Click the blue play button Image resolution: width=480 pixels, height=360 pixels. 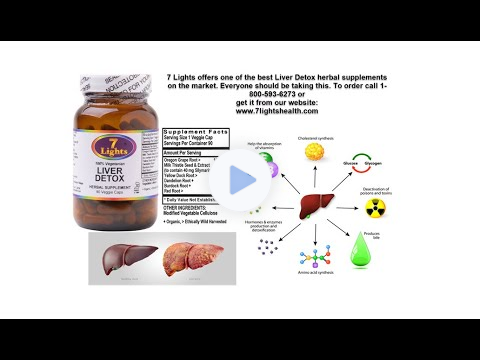(240, 180)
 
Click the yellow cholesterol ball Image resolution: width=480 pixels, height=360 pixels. (313, 151)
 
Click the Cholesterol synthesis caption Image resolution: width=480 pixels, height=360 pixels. (313, 131)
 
